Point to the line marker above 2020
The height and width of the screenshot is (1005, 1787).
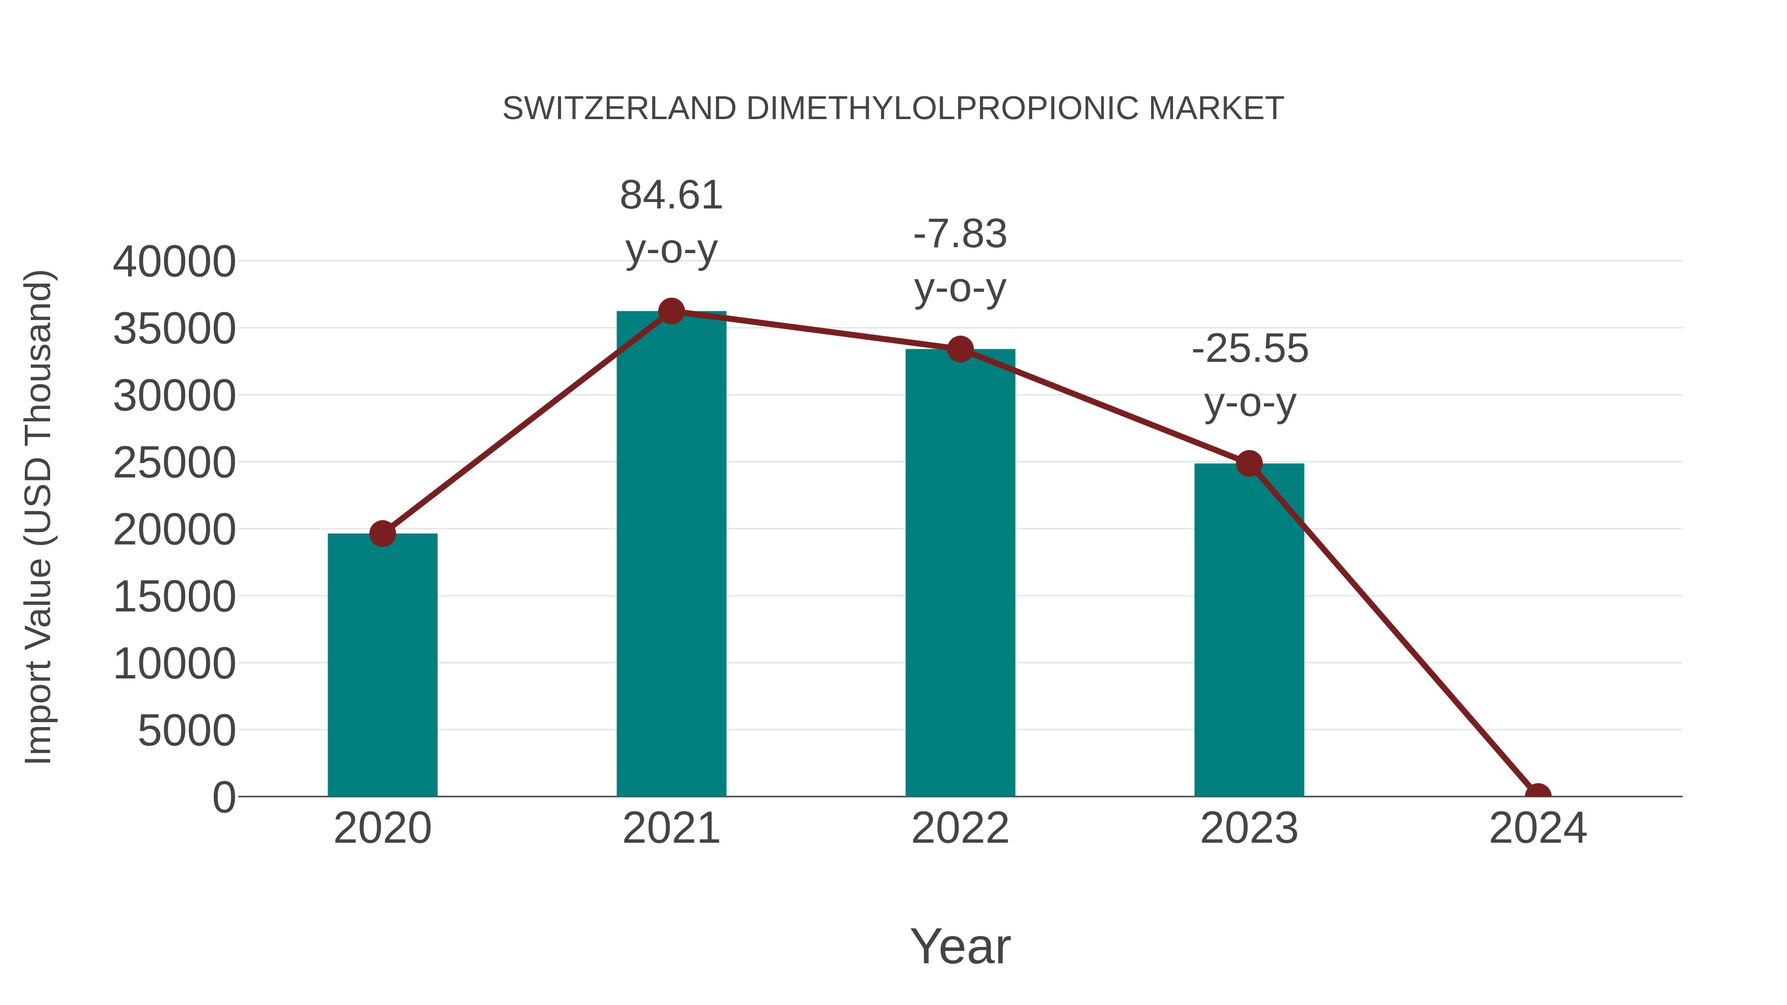[382, 534]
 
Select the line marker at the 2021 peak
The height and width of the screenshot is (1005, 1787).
[671, 311]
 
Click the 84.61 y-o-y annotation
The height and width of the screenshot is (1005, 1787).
[671, 222]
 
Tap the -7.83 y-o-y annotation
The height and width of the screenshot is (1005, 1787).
[960, 261]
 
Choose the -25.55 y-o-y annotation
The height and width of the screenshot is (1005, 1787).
[1249, 375]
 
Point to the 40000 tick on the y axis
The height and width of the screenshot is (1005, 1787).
[174, 262]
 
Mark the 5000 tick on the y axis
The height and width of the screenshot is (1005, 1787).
[187, 731]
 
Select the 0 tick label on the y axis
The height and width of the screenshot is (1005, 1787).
[223, 798]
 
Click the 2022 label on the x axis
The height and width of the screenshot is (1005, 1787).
[960, 828]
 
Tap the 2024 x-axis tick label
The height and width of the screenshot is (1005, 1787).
[1538, 828]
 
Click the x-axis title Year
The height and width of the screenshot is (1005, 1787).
[960, 946]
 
